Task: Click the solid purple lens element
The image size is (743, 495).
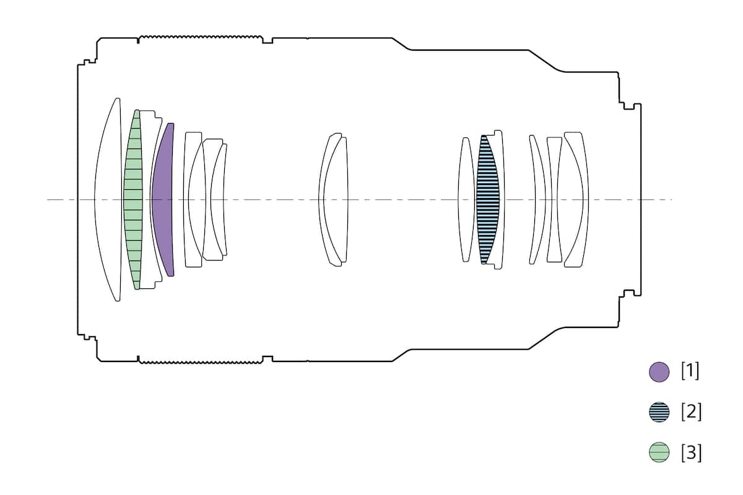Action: click(163, 200)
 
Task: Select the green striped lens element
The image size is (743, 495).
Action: click(133, 200)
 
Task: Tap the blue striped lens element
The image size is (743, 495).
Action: click(488, 200)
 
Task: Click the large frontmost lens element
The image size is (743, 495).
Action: click(108, 200)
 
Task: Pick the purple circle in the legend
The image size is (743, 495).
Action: click(659, 372)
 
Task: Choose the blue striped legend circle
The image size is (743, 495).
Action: click(659, 412)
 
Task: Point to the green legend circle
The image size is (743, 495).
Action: click(659, 452)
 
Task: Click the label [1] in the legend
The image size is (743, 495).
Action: click(690, 371)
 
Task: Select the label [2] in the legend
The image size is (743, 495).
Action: click(692, 411)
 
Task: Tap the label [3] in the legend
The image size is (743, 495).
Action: click(692, 452)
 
